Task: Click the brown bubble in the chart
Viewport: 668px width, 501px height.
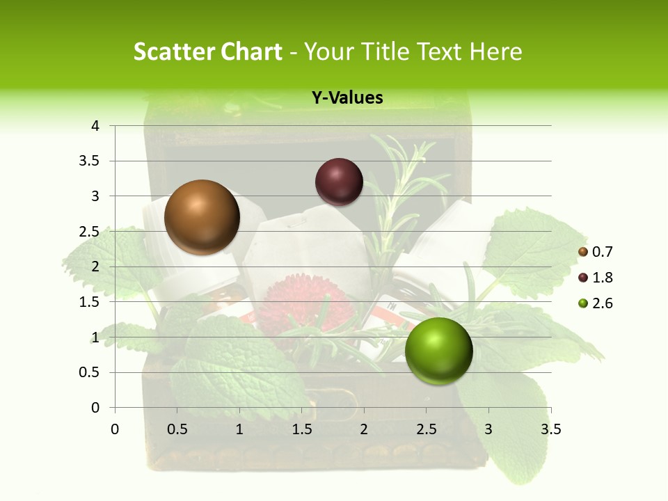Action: (202, 217)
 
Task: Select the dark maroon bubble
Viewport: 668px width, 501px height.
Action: (339, 182)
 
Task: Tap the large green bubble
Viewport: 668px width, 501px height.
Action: (438, 351)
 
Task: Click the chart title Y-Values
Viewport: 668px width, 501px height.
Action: (347, 98)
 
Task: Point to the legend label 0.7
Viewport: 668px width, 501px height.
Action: (602, 252)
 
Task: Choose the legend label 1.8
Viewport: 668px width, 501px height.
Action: (602, 278)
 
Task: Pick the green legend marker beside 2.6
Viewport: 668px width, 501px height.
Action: (583, 303)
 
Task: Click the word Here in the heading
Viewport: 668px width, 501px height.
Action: (495, 51)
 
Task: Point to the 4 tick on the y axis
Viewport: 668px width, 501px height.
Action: (95, 126)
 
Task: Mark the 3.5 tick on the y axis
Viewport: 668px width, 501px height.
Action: (91, 161)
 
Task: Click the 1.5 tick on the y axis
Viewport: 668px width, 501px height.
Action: (91, 302)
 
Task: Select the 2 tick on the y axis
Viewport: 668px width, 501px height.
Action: (95, 267)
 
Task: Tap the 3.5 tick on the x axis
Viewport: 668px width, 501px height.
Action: (550, 429)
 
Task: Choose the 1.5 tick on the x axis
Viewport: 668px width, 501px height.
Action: (301, 429)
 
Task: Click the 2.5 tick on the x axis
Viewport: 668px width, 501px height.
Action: (426, 429)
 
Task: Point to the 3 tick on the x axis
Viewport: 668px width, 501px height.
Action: (488, 429)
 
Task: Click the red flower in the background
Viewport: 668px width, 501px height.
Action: (304, 306)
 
